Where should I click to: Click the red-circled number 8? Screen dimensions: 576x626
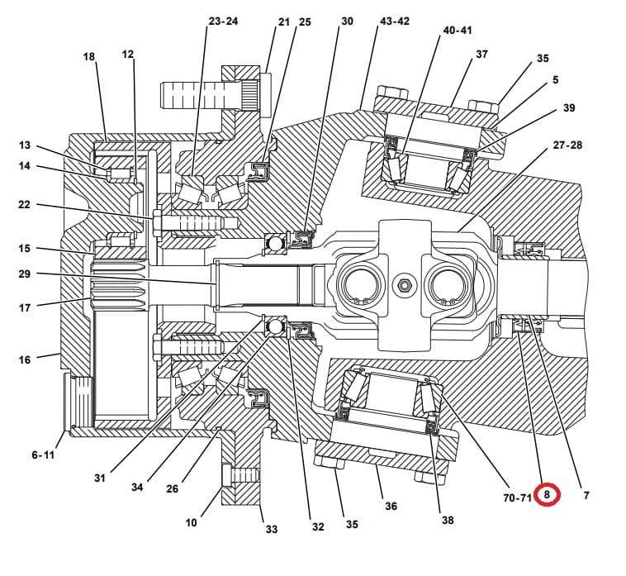pos(546,495)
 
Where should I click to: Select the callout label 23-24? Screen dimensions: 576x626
pos(223,21)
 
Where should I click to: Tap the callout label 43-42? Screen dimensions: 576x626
pos(393,21)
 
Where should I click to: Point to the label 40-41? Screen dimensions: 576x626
pos(458,30)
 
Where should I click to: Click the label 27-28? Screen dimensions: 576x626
pos(567,145)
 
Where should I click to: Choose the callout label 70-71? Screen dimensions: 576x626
pos(517,497)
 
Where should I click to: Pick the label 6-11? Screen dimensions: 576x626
pos(43,455)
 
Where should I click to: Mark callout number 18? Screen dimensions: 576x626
pos(89,56)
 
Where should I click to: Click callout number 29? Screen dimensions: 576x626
pos(24,273)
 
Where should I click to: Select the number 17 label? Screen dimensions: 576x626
pos(24,307)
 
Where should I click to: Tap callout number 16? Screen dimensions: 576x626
pos(24,359)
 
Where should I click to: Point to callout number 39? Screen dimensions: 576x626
pos(569,108)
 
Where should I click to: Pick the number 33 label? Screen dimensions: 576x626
pos(271,529)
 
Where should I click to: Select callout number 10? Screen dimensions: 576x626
pos(192,522)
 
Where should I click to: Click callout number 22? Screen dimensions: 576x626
pos(24,205)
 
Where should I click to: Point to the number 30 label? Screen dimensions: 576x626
pos(347,21)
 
